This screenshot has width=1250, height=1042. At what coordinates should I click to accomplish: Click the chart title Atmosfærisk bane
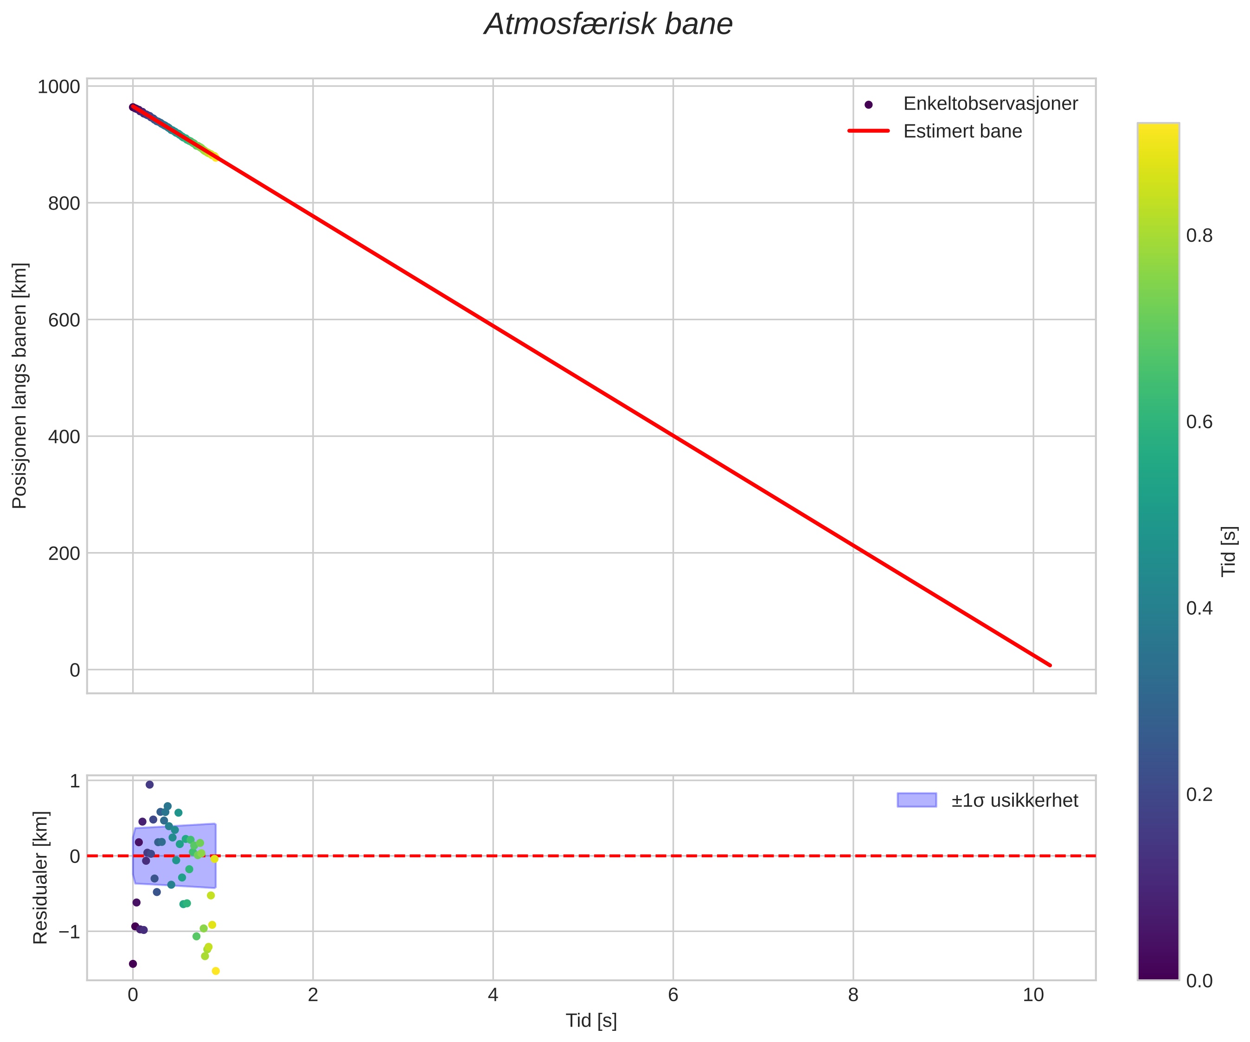[608, 25]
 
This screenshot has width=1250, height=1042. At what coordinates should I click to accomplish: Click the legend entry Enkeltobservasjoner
[990, 103]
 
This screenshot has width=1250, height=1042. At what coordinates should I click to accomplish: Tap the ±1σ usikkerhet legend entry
[1014, 800]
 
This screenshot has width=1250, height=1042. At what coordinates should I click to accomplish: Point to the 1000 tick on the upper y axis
[58, 87]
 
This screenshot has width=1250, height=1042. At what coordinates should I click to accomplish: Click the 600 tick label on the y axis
[63, 320]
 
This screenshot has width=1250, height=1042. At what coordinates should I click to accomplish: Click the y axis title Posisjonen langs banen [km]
[19, 386]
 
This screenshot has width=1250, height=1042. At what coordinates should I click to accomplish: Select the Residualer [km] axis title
[40, 878]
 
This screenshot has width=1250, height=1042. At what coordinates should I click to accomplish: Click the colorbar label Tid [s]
[1229, 551]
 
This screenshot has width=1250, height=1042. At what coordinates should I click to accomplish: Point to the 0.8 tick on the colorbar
[1199, 236]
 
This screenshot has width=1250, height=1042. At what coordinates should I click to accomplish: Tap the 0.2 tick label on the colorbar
[1199, 795]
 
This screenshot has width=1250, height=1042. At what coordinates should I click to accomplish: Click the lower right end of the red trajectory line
[1050, 665]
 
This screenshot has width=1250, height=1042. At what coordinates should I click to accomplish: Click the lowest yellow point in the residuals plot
[216, 971]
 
